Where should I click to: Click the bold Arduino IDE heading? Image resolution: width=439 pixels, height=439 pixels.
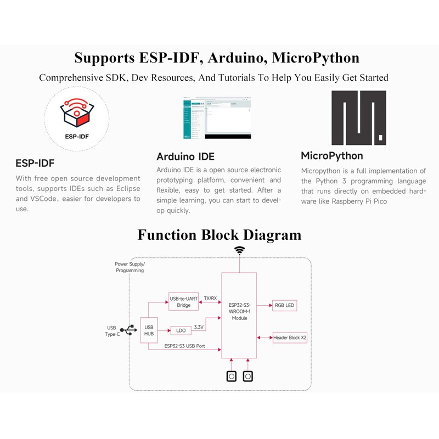pyautogui.click(x=185, y=156)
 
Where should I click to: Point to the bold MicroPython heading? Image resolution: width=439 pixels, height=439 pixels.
pyautogui.click(x=332, y=156)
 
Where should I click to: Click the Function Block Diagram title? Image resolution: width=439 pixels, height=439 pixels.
pyautogui.click(x=219, y=235)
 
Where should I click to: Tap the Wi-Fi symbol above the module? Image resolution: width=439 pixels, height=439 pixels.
pyautogui.click(x=240, y=251)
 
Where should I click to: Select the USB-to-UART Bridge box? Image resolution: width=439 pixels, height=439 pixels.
pyautogui.click(x=184, y=302)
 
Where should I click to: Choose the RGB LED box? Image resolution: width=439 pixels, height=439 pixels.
pyautogui.click(x=285, y=305)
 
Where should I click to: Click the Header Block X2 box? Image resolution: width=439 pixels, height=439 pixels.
pyautogui.click(x=290, y=337)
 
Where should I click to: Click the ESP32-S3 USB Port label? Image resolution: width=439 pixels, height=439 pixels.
pyautogui.click(x=184, y=346)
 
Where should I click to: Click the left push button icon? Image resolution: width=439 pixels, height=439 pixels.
pyautogui.click(x=232, y=376)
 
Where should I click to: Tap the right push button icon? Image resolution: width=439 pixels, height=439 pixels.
pyautogui.click(x=249, y=376)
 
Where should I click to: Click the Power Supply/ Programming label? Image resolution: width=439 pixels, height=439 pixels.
pyautogui.click(x=130, y=267)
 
